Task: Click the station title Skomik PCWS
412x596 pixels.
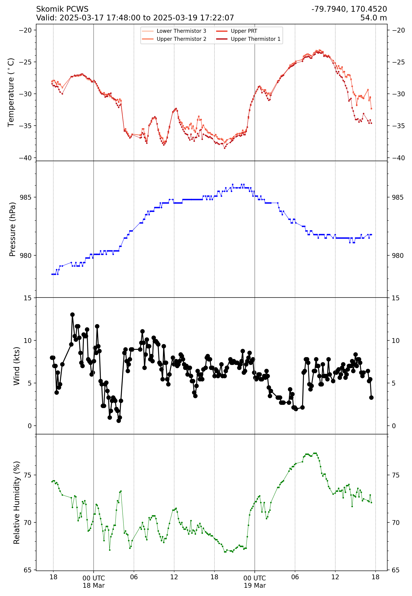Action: click(62, 9)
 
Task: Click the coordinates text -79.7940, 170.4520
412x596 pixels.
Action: click(349, 9)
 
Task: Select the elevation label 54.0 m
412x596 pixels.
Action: click(373, 18)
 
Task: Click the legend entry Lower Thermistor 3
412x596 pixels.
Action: click(181, 31)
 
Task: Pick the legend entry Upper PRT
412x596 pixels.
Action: click(244, 31)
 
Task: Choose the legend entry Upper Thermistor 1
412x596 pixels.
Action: click(255, 39)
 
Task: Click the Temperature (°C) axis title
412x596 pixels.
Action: click(11, 92)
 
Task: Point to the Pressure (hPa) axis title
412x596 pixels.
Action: click(12, 229)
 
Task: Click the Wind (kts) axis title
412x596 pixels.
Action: click(16, 366)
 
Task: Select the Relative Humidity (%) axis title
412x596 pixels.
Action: click(16, 502)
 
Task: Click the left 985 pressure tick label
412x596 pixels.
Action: click(26, 197)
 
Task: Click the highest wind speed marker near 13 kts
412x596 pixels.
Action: click(73, 315)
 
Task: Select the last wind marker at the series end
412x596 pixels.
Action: click(371, 397)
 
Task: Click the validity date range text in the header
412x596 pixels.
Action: click(135, 18)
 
